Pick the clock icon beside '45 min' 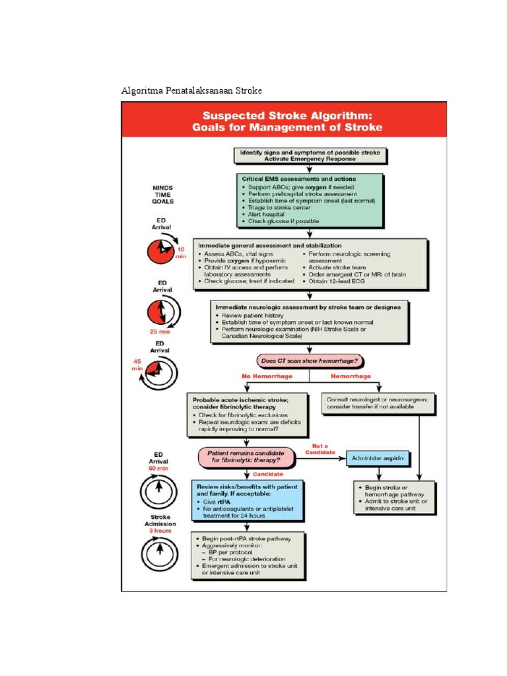click(x=160, y=373)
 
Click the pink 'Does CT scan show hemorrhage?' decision click(x=310, y=360)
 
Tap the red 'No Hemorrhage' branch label click(x=267, y=376)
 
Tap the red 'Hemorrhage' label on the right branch click(x=350, y=376)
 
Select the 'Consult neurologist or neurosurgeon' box click(x=379, y=403)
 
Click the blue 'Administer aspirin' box click(x=379, y=457)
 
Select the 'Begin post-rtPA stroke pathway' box click(x=248, y=555)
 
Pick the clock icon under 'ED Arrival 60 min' click(x=160, y=491)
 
